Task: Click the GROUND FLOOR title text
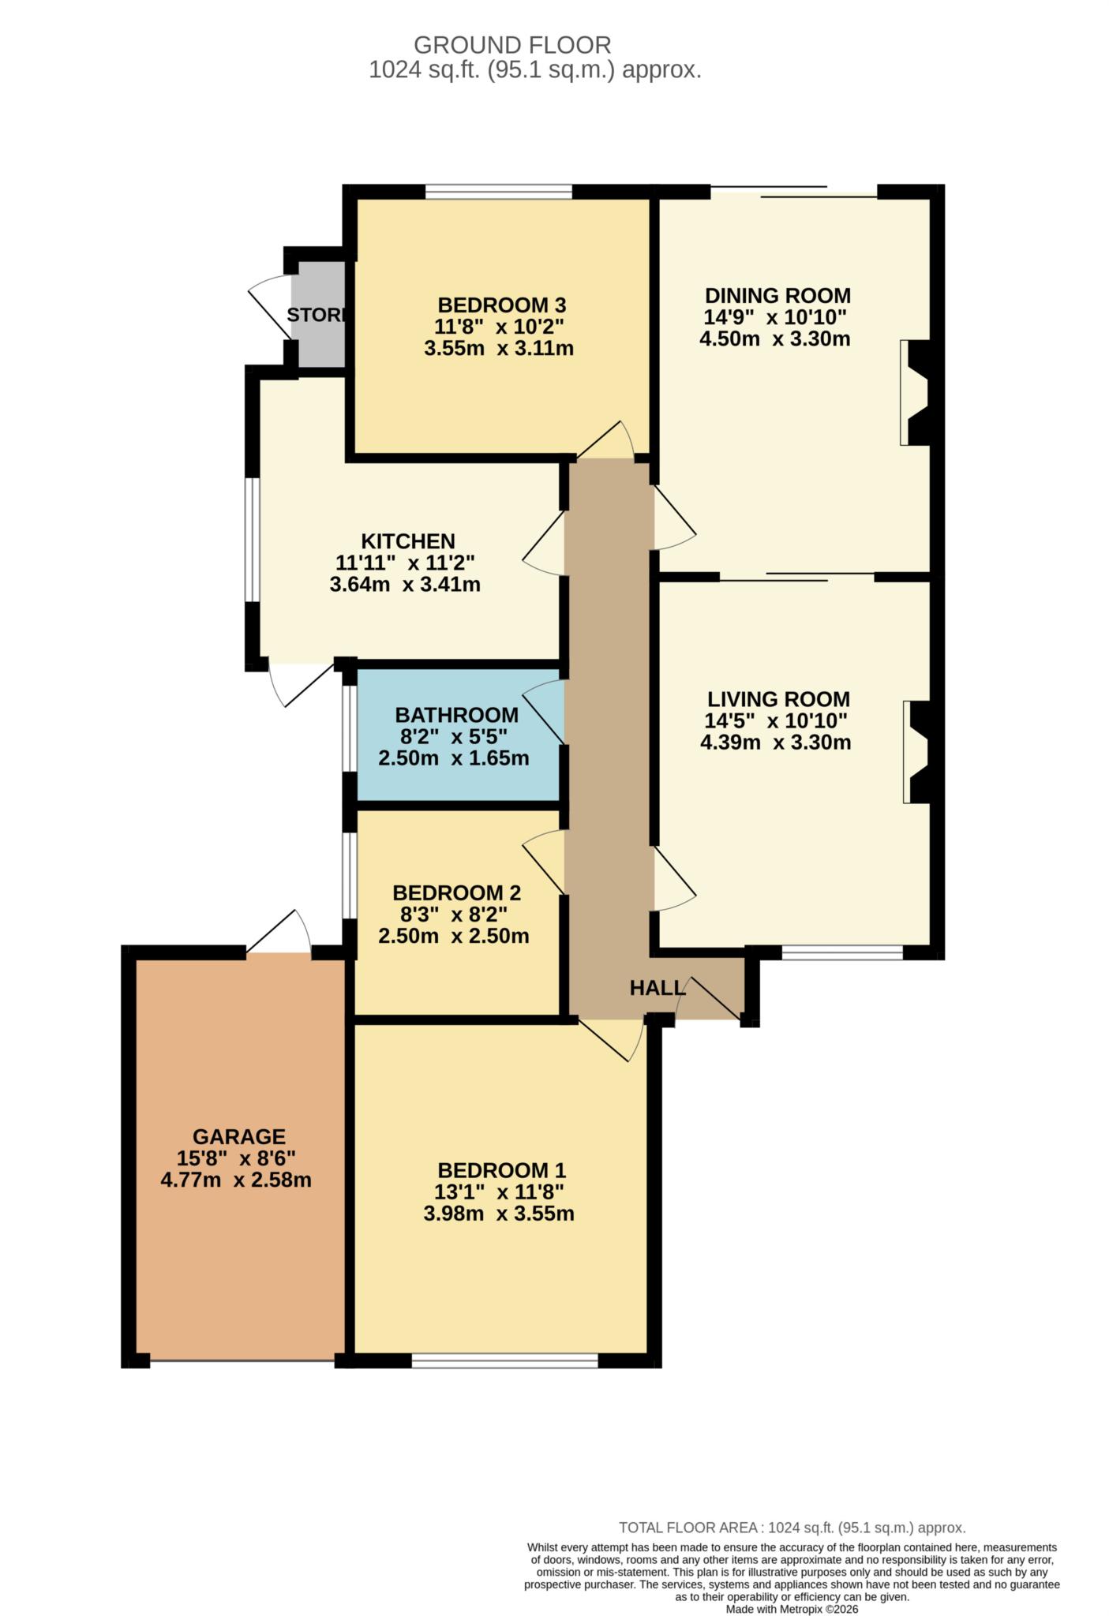(x=512, y=45)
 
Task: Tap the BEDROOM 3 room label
(x=502, y=305)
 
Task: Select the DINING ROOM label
(x=777, y=296)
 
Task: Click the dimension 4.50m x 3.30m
(x=774, y=339)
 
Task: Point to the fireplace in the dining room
(x=916, y=392)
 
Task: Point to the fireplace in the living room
(x=918, y=752)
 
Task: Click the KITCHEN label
(x=407, y=541)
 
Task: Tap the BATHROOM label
(x=456, y=715)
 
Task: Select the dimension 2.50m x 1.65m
(x=453, y=758)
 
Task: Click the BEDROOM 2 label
(x=456, y=892)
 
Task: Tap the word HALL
(x=656, y=987)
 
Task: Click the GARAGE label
(x=239, y=1136)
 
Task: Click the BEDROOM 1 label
(x=501, y=1170)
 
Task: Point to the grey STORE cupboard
(x=317, y=316)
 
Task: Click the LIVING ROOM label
(x=778, y=699)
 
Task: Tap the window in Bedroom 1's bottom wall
(x=504, y=1360)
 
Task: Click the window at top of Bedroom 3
(x=498, y=191)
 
